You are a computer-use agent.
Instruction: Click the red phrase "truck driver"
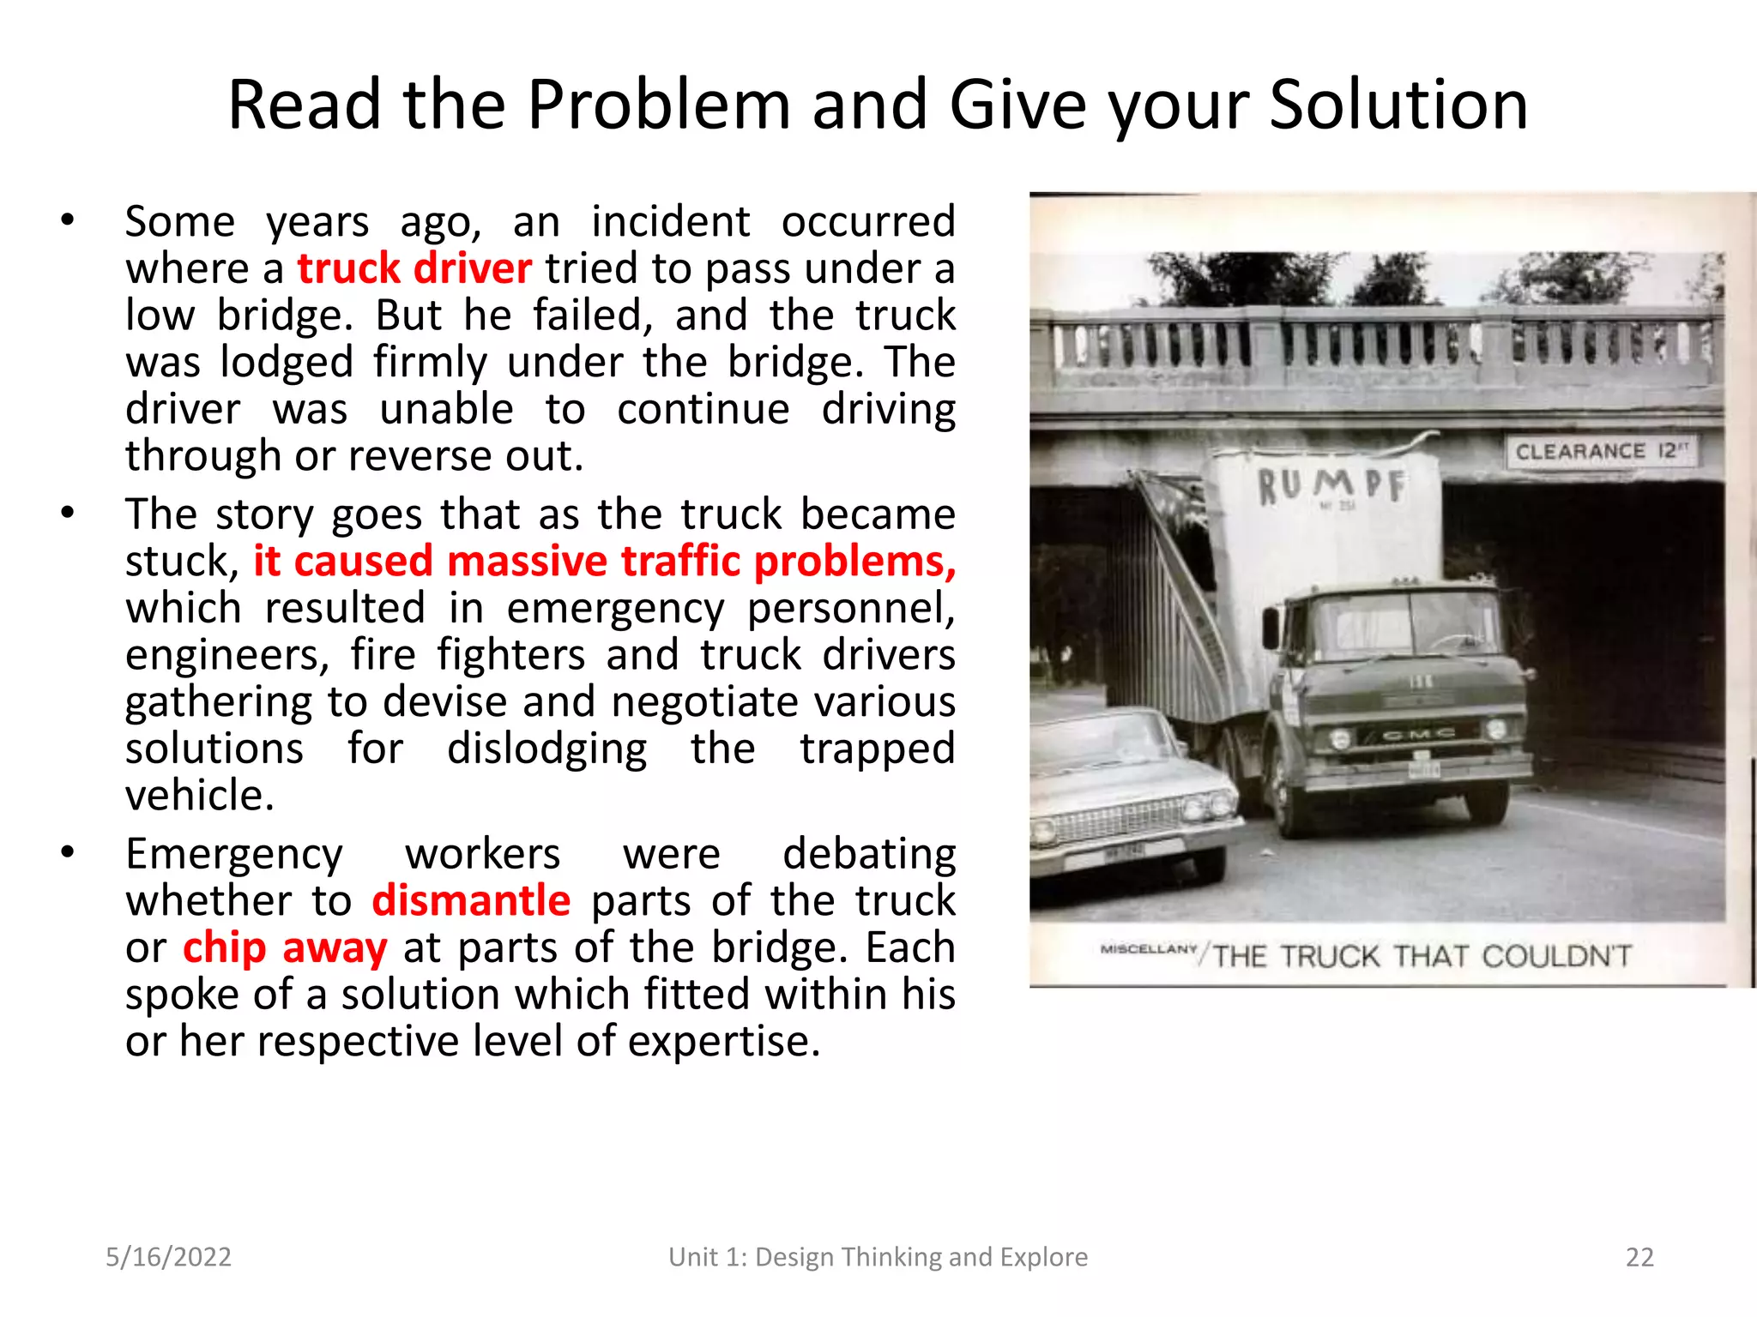point(414,269)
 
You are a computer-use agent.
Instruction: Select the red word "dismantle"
point(471,901)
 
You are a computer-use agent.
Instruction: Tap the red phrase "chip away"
point(285,948)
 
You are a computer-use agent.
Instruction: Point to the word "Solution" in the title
point(1398,105)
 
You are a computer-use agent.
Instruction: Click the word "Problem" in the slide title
point(658,105)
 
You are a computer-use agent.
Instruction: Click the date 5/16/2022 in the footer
point(168,1257)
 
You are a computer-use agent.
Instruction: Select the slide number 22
point(1639,1257)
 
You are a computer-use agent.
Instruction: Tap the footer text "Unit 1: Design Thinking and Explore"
point(878,1257)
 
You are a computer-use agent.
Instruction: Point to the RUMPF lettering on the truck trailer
point(1331,485)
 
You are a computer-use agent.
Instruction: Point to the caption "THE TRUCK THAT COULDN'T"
point(1422,956)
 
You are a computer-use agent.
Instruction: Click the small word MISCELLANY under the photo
point(1148,949)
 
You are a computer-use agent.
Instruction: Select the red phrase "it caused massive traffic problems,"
point(605,562)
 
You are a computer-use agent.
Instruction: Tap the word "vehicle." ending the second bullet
point(200,796)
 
